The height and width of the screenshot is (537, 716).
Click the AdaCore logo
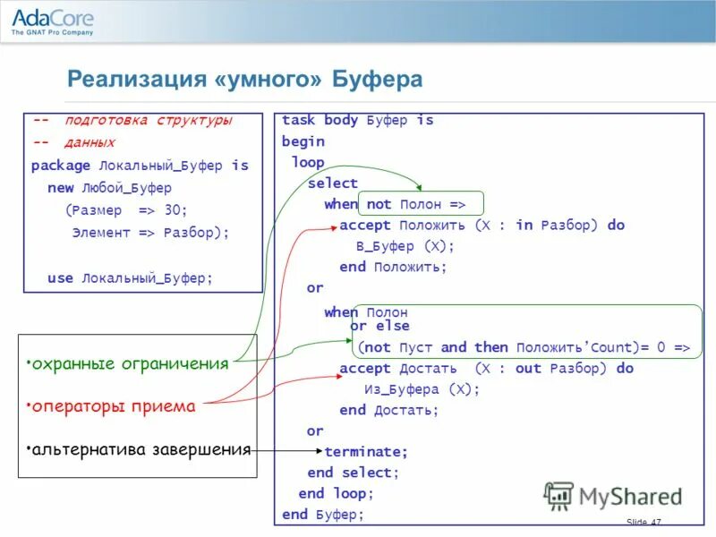click(52, 21)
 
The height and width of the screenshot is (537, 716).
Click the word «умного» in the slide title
click(275, 80)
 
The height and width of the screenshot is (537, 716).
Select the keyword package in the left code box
click(61, 166)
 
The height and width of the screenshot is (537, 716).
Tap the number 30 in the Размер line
click(174, 210)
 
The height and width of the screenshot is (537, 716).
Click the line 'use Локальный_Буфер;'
click(131, 278)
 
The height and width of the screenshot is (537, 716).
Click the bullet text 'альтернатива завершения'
click(139, 449)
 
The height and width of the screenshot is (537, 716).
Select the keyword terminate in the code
click(365, 452)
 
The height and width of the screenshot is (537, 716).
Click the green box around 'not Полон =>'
click(420, 204)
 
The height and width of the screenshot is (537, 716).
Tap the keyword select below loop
click(332, 183)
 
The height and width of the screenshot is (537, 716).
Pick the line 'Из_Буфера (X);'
click(422, 389)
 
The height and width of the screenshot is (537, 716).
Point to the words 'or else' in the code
click(379, 327)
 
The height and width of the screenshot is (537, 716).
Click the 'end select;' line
click(353, 473)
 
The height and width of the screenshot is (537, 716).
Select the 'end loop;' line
click(336, 493)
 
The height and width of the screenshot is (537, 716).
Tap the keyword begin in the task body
click(303, 141)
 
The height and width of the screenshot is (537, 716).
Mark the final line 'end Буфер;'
click(322, 515)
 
